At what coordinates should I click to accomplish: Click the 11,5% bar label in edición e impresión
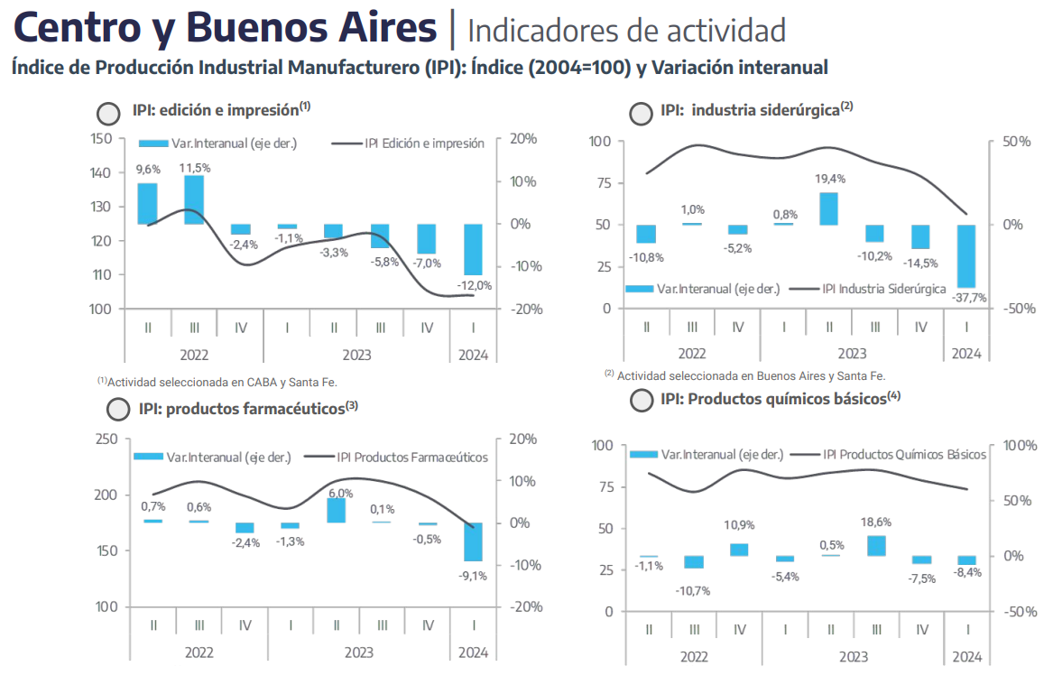tap(195, 168)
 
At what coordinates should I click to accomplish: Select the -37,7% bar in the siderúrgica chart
tap(966, 256)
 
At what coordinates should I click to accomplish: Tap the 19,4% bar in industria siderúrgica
tap(828, 209)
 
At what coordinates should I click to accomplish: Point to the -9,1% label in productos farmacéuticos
tap(473, 576)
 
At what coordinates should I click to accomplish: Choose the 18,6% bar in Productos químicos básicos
tap(876, 545)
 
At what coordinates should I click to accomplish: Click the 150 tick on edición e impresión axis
tap(101, 138)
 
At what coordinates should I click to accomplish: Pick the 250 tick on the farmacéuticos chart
tap(106, 439)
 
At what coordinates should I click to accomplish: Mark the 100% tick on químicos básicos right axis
tap(1021, 446)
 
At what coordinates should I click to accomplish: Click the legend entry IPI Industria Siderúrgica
tap(867, 289)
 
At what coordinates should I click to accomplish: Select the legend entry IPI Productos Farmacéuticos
tap(396, 457)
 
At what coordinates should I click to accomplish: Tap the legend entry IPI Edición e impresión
tap(408, 143)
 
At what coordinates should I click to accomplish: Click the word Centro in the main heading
tap(79, 28)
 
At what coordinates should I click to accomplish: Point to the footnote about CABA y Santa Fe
tap(217, 383)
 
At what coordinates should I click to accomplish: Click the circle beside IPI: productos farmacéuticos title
tap(118, 409)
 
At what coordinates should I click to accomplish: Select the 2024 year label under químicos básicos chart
tap(967, 656)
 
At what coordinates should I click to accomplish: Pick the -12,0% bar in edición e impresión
tap(474, 250)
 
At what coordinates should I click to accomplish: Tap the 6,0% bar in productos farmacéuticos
tap(337, 511)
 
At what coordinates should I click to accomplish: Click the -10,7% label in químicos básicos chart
tap(693, 590)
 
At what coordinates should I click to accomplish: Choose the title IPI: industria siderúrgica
tap(757, 109)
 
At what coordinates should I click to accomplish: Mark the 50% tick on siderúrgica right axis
tap(1017, 141)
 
